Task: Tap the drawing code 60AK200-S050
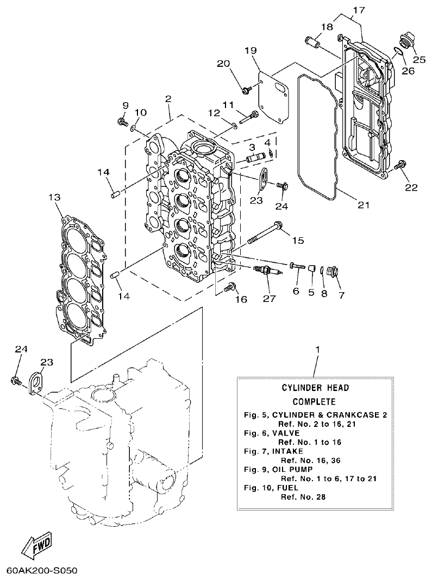[42, 571]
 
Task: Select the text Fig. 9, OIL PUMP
[274, 469]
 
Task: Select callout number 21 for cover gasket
[363, 205]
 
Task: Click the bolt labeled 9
[121, 121]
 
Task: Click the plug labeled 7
[334, 270]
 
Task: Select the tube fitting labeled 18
[312, 41]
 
